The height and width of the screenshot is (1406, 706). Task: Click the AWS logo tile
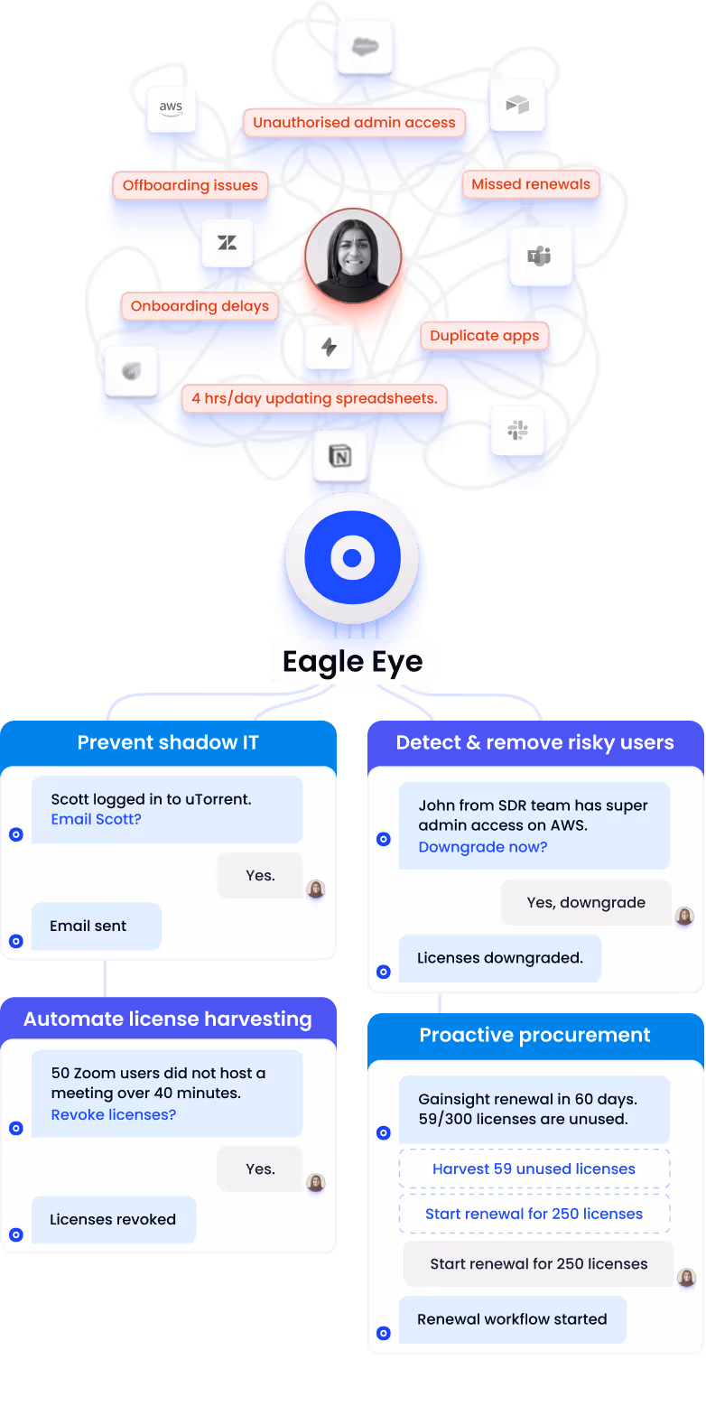pos(172,108)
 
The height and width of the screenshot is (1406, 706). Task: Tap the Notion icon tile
pos(340,457)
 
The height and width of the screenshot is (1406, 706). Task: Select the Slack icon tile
pos(518,431)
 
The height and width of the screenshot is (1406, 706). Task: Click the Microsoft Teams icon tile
pos(540,256)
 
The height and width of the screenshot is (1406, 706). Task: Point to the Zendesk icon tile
pos(227,242)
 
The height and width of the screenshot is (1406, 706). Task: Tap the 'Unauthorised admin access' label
pos(354,123)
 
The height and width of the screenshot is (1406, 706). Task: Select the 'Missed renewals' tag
pos(531,184)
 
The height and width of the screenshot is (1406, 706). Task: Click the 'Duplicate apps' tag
pos(484,336)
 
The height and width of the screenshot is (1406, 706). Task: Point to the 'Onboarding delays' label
pos(200,306)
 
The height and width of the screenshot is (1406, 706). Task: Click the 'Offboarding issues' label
pos(190,186)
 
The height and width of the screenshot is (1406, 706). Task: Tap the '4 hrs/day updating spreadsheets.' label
pos(314,398)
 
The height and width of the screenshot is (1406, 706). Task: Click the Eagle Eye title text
pos(352,662)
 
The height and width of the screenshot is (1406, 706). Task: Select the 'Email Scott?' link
pos(96,819)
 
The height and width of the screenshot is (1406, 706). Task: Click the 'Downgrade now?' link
pos(482,847)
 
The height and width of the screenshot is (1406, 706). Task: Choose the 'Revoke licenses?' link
pos(114,1114)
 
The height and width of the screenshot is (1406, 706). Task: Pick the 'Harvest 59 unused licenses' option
pos(534,1169)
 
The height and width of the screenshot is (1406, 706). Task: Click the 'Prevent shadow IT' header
pos(168,742)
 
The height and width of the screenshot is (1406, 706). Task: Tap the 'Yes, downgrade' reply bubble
pos(586,902)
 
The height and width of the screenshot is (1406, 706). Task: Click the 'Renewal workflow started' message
pos(512,1319)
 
